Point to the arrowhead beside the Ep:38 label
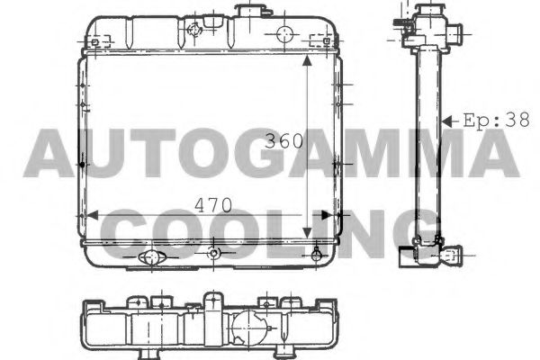446,119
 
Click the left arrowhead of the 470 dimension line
87,216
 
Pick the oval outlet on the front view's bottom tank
151,258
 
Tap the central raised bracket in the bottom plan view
213,306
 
